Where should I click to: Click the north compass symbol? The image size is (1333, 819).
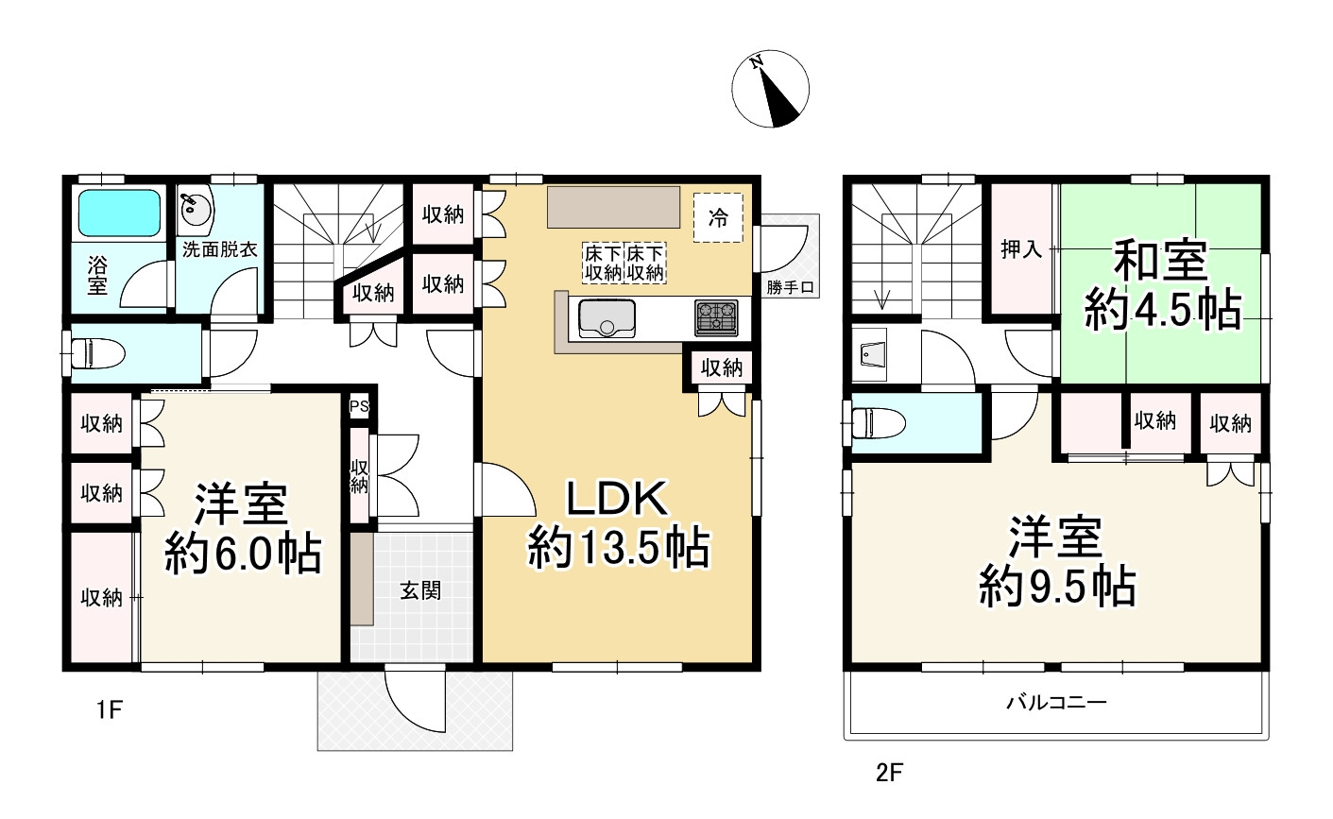(x=770, y=89)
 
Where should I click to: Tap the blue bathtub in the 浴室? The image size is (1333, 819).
(x=120, y=213)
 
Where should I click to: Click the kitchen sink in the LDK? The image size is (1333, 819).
(x=607, y=318)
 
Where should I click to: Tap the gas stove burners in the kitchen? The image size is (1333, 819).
(x=716, y=317)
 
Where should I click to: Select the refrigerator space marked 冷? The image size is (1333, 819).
(x=718, y=217)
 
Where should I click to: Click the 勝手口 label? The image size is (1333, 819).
(x=790, y=288)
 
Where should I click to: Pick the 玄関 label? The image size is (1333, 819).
(x=420, y=590)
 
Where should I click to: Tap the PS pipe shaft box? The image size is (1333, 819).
(x=359, y=407)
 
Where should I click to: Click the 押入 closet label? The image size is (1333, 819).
(x=1021, y=248)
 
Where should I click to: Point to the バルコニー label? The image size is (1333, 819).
(x=1056, y=703)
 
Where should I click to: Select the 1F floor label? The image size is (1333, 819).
(x=110, y=709)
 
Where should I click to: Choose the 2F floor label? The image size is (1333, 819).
(x=890, y=773)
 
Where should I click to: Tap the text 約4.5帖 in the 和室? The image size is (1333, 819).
(x=1163, y=310)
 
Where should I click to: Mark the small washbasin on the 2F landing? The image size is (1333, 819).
(x=869, y=355)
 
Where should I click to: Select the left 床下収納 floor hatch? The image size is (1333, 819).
(x=603, y=263)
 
